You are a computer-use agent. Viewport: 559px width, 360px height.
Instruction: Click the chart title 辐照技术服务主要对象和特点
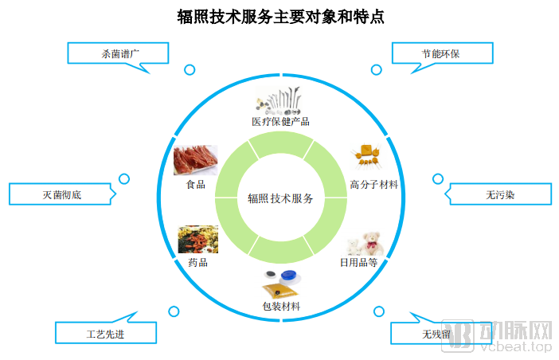coord(280,17)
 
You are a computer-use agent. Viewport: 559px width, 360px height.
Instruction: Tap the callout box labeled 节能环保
coord(440,53)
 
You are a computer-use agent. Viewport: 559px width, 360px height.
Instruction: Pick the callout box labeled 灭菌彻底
coord(61,194)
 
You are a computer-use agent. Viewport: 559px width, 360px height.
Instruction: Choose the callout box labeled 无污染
coord(499,194)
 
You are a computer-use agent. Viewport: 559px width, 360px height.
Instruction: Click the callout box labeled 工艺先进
coord(104,334)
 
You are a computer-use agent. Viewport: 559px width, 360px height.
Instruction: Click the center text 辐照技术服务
coord(280,199)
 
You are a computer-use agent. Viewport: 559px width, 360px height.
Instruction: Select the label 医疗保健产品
coord(280,122)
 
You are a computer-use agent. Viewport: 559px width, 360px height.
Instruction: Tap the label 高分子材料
coord(374,184)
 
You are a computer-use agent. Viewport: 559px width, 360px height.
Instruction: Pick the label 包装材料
coord(280,305)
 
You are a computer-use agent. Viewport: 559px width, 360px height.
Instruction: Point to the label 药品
coord(197,262)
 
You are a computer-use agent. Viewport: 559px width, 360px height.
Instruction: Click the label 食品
coord(195,184)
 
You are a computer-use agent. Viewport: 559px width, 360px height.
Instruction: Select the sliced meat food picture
coord(195,160)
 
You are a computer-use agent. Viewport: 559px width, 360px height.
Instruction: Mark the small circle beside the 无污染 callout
coord(437,179)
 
